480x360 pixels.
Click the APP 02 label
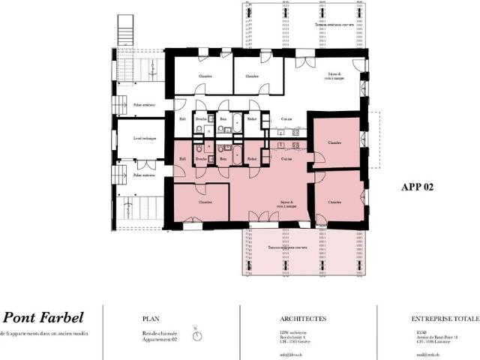(x=417, y=187)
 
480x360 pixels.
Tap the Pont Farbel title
(x=43, y=317)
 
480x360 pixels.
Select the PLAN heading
(x=151, y=318)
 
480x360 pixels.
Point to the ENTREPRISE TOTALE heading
(x=444, y=318)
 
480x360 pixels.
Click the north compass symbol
(x=196, y=335)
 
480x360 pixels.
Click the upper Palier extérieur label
(x=144, y=105)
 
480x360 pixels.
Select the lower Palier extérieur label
(x=144, y=175)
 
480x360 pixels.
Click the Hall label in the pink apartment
(x=182, y=159)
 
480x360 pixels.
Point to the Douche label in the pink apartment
(x=201, y=159)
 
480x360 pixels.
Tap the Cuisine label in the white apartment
(x=286, y=119)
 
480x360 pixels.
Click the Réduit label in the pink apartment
(x=253, y=159)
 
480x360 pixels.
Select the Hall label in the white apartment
(x=182, y=119)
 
